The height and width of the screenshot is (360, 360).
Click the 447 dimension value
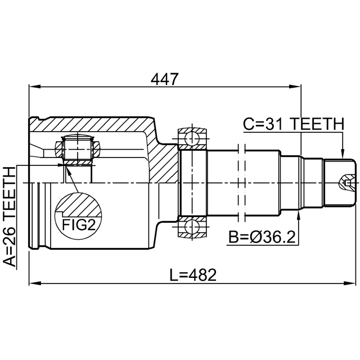coord(165,80)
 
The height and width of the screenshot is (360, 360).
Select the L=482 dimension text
coord(193,275)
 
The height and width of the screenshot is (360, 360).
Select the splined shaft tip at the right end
coord(340,183)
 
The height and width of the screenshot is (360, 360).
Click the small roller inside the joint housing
coord(76,148)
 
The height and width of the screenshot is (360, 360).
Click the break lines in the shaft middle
coord(242,183)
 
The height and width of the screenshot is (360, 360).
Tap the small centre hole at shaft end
coord(348,183)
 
